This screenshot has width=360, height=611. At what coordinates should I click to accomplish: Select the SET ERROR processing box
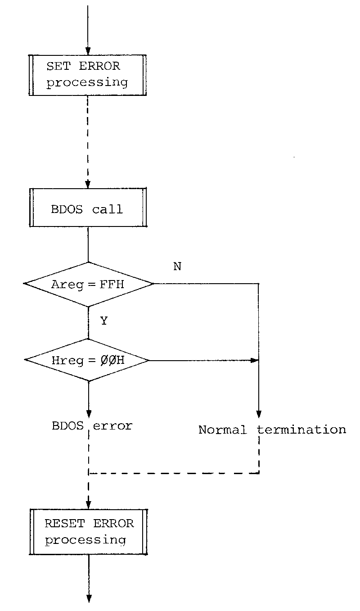click(88, 75)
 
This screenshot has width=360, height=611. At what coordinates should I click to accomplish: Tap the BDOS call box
click(88, 208)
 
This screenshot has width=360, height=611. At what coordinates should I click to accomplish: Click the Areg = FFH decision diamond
click(89, 284)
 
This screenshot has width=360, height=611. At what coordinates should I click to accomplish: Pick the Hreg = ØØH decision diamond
click(87, 360)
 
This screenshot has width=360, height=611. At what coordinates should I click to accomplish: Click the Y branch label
click(104, 321)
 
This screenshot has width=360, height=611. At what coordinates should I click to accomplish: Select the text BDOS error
click(92, 426)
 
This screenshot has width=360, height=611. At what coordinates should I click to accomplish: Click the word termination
click(301, 430)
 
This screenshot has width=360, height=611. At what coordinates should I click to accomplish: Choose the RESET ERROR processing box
click(89, 532)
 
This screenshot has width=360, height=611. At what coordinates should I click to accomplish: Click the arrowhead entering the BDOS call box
click(88, 185)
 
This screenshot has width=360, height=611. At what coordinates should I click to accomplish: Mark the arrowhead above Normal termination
click(259, 414)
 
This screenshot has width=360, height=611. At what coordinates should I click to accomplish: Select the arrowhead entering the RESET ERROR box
click(89, 505)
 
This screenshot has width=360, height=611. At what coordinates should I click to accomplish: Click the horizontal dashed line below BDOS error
click(174, 473)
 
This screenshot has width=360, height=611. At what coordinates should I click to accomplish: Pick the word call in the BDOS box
click(108, 209)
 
